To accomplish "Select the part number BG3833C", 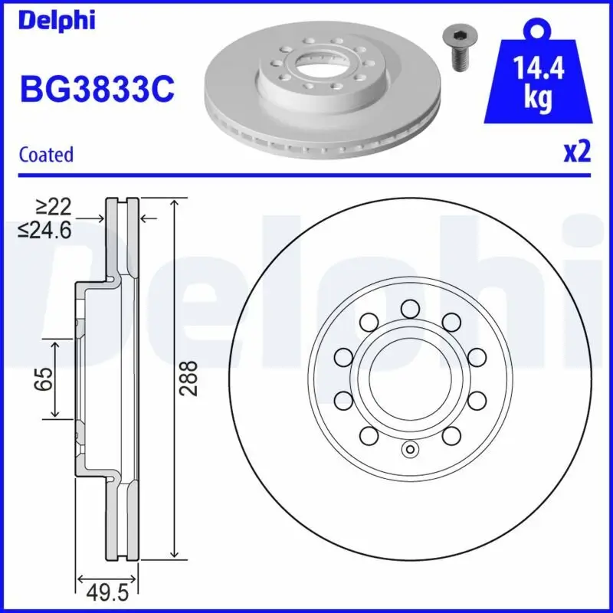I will pyautogui.click(x=97, y=90).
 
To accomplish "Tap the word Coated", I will pyautogui.click(x=46, y=155).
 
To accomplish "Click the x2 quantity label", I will pyautogui.click(x=578, y=152).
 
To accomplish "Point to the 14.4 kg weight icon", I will pyautogui.click(x=539, y=80).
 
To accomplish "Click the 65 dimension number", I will pyautogui.click(x=45, y=379).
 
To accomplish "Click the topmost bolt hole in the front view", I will pyautogui.click(x=409, y=309).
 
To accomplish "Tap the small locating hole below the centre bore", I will pyautogui.click(x=409, y=450).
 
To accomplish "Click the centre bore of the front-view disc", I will pyautogui.click(x=409, y=379).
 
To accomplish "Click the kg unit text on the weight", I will pyautogui.click(x=539, y=100).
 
